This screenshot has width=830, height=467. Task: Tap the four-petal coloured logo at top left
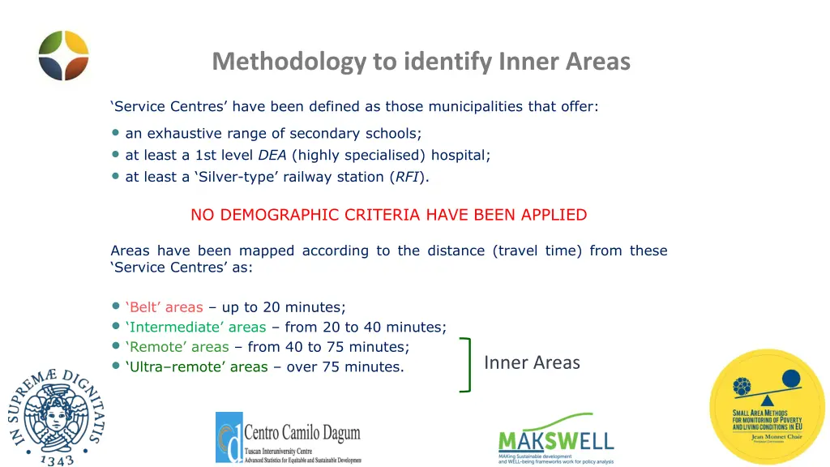[64, 55]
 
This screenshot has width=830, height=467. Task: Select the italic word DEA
[272, 155]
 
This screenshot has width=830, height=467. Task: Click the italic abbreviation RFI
[407, 177]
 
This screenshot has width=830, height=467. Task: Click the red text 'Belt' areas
[164, 307]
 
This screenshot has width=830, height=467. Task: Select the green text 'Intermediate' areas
[195, 328]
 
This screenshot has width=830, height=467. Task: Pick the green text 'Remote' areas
[177, 347]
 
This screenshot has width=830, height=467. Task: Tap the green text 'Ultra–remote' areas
[196, 367]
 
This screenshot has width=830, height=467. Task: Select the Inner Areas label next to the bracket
[532, 362]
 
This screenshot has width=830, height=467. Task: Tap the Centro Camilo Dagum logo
[288, 438]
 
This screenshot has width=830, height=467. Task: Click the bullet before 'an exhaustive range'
[116, 133]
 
